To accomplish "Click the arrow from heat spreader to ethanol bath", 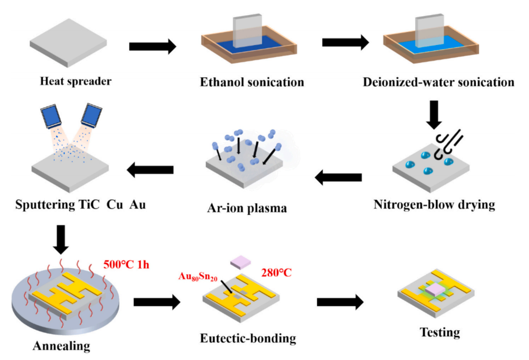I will (x=152, y=47).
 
